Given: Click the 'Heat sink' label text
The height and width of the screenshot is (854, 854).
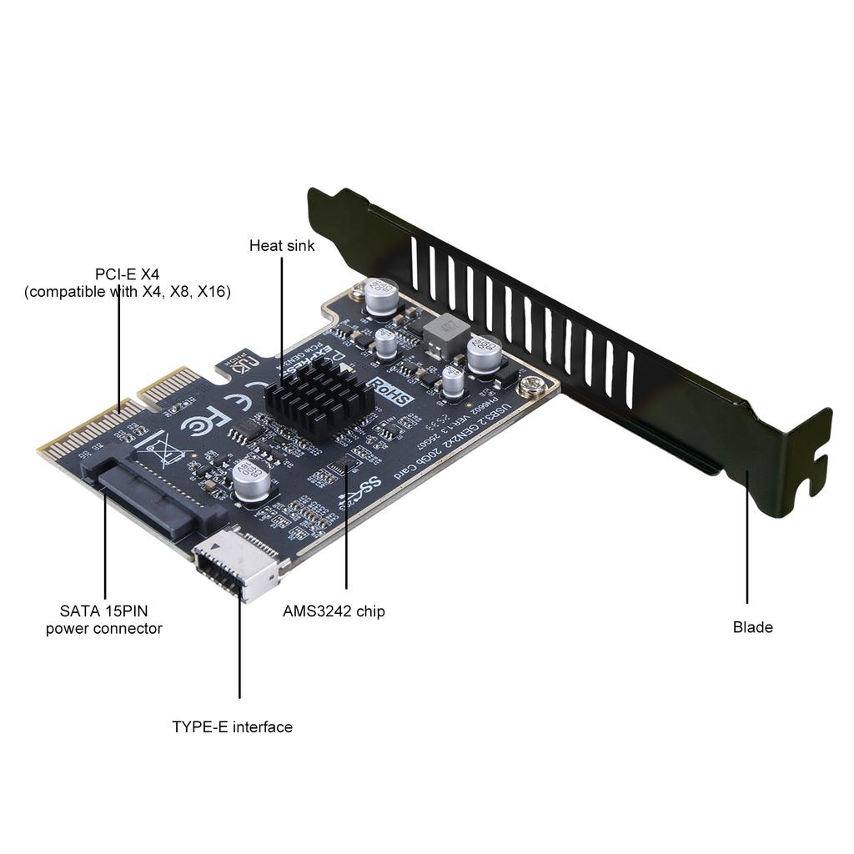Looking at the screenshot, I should pyautogui.click(x=282, y=246).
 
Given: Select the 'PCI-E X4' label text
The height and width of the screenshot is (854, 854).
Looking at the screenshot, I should pyautogui.click(x=127, y=274).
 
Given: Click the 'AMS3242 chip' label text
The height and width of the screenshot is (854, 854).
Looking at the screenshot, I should pyautogui.click(x=334, y=611).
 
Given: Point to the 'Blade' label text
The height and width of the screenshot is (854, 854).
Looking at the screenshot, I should pyautogui.click(x=752, y=627).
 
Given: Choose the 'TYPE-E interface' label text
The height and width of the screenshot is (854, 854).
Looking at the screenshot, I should pyautogui.click(x=232, y=726).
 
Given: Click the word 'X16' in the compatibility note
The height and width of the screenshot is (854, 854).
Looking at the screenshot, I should pyautogui.click(x=213, y=292).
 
